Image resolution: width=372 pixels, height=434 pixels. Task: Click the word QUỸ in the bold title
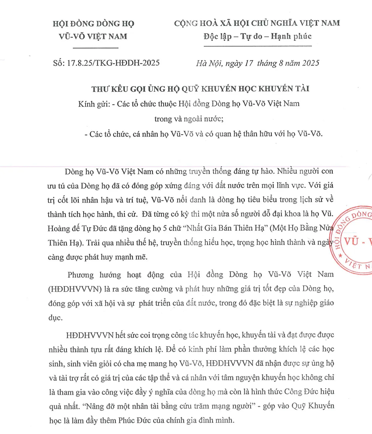tap(190, 89)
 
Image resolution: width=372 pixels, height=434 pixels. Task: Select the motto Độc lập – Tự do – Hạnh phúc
tap(257, 37)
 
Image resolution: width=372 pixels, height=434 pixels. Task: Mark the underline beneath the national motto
tap(257, 46)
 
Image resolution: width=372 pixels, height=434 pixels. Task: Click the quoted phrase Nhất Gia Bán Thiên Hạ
tap(227, 228)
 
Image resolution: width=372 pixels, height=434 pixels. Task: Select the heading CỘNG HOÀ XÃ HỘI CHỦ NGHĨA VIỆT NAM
tap(257, 23)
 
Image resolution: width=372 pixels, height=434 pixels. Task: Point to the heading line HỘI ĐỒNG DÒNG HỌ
tap(93, 24)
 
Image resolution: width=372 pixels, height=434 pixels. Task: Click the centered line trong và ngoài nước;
tap(189, 119)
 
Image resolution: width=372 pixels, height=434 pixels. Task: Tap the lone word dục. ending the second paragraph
tap(55, 317)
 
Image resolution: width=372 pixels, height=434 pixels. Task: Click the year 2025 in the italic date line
tap(310, 63)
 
